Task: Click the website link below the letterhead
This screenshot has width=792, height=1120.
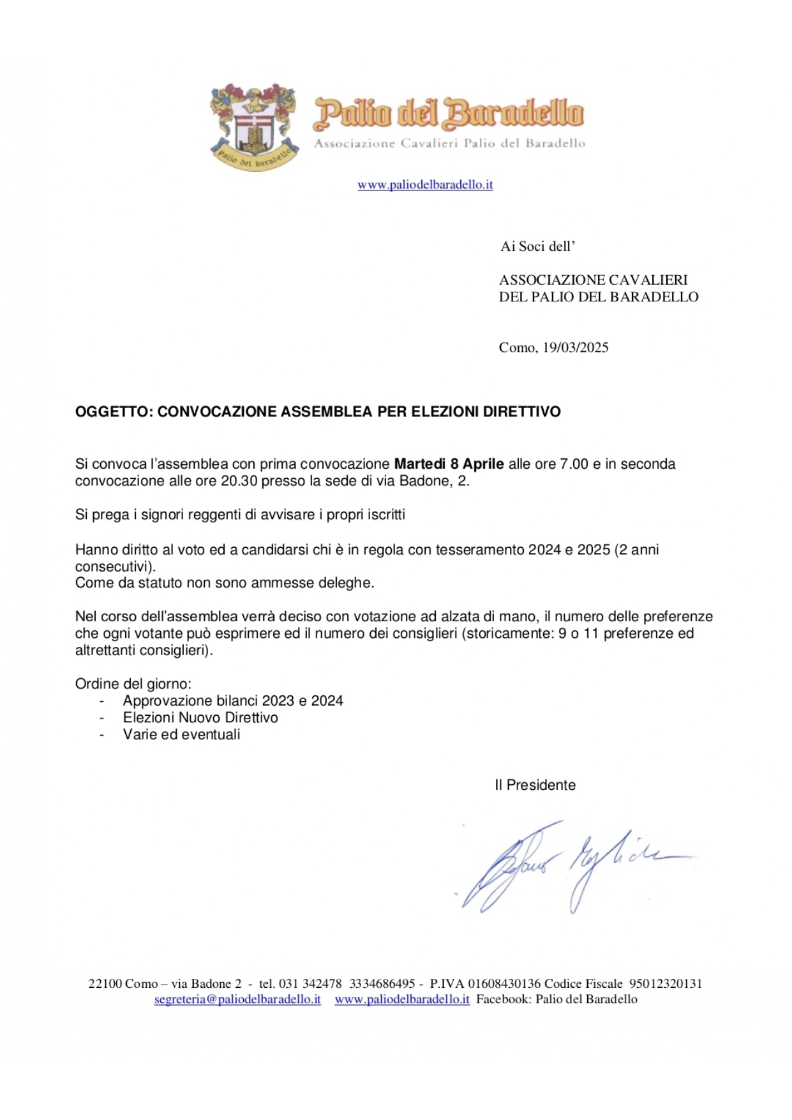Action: (425, 185)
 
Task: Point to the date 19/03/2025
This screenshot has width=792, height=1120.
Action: (576, 347)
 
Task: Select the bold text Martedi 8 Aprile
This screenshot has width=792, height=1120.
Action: (449, 464)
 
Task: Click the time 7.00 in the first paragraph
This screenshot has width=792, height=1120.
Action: (574, 464)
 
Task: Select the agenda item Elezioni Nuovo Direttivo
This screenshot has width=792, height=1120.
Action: (200, 718)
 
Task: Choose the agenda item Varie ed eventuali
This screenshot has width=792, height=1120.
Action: (182, 734)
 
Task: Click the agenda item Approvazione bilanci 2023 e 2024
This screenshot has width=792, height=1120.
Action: (233, 701)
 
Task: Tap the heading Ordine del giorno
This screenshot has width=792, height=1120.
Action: (133, 684)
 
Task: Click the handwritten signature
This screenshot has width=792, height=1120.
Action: (574, 865)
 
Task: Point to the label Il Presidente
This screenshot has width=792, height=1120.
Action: (535, 785)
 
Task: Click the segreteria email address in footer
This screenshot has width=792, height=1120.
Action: (237, 999)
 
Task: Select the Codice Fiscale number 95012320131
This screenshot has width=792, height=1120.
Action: (666, 984)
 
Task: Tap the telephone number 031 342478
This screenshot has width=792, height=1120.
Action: (310, 984)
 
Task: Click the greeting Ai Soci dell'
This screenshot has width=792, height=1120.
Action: (538, 246)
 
